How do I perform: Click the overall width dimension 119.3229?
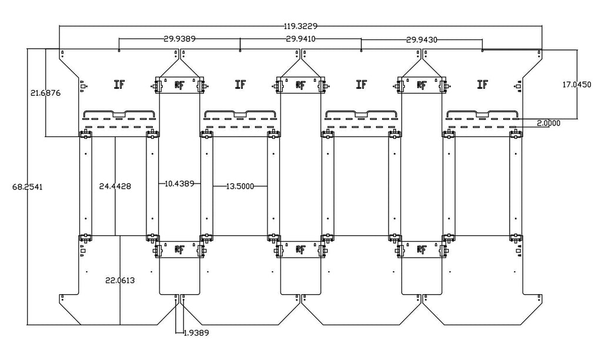pos(300,26)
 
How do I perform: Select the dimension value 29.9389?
pos(180,38)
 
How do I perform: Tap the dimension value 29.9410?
pos(301,38)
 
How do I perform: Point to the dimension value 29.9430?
pos(422,39)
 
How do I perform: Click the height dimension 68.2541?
pos(28,186)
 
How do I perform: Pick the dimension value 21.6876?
pos(46,93)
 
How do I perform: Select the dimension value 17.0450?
pos(577,85)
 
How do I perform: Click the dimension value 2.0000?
pos(549,123)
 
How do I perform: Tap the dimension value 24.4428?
pos(115,186)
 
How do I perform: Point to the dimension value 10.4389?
pos(179,184)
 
